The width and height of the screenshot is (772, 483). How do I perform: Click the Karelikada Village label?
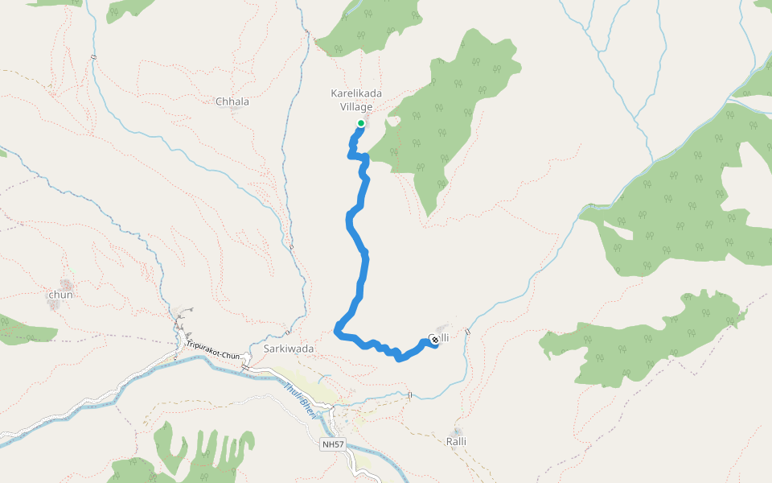[x=356, y=100]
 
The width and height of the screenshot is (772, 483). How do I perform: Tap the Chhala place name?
[x=232, y=102]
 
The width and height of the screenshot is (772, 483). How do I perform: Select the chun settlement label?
[x=61, y=295]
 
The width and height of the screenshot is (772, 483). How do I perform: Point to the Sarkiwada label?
[x=288, y=349]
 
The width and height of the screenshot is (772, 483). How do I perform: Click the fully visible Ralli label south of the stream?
[x=456, y=441]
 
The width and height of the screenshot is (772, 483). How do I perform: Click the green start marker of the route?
[x=361, y=123]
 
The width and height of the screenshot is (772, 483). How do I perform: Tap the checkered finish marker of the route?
[x=434, y=340]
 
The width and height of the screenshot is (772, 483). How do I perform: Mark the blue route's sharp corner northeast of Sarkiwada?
[x=337, y=327]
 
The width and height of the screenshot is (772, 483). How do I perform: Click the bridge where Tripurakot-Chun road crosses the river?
[x=245, y=368]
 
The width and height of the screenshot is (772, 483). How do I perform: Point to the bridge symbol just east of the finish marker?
[x=466, y=332]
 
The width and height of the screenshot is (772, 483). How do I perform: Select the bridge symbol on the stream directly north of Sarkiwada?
[x=287, y=330]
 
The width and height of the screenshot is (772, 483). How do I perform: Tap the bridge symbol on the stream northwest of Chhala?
[x=94, y=56]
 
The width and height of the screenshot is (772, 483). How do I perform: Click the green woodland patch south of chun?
[x=24, y=332]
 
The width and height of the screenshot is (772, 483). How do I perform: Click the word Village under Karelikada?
[x=356, y=107]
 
